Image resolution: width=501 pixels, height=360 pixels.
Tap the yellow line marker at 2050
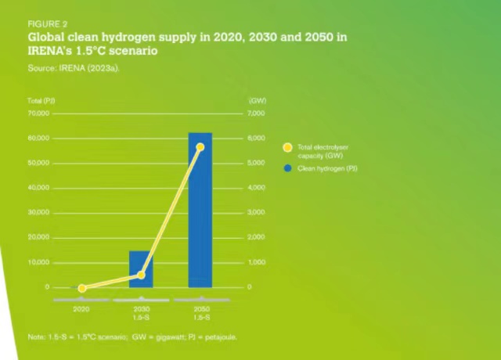(x=200, y=147)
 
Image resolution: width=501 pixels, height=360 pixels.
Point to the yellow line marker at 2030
(x=141, y=275)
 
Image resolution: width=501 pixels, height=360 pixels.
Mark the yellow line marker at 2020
(x=82, y=288)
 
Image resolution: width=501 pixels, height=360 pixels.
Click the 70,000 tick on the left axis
(x=38, y=113)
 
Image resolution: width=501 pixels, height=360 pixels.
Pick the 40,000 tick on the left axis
(x=38, y=188)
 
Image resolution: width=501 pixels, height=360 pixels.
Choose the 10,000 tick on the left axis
(x=38, y=262)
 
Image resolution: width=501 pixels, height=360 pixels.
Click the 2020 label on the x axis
(x=82, y=310)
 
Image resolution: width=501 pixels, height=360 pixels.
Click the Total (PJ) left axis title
(x=41, y=101)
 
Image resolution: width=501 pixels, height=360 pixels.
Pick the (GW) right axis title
(x=258, y=101)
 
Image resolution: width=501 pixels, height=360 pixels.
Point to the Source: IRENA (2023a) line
(x=74, y=68)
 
